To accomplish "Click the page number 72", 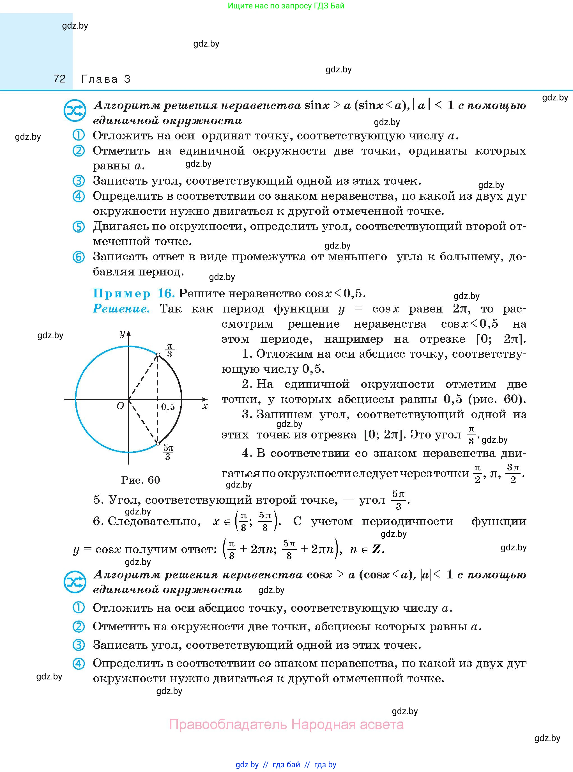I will tap(59, 79).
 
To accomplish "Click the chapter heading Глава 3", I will tap(106, 79).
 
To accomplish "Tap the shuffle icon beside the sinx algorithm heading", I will tap(75, 111).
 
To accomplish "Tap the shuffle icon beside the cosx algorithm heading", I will tap(75, 582).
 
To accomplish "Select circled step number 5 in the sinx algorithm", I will tap(78, 227).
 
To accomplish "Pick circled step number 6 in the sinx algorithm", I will tap(78, 257).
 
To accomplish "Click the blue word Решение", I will tap(121, 309).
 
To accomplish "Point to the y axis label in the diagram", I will tap(122, 334).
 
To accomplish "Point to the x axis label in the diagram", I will tap(205, 406).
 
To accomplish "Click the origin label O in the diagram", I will tap(120, 406).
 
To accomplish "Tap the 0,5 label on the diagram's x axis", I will tap(168, 407).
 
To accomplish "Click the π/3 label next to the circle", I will tap(170, 350).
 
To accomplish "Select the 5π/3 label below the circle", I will tap(168, 452).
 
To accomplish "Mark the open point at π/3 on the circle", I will tap(158, 355).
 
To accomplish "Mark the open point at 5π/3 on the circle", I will tap(158, 444).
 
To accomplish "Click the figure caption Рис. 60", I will tap(141, 480).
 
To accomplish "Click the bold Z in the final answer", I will tap(376, 550).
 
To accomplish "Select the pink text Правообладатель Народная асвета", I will tap(286, 725).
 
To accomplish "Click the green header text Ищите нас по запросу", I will tap(286, 6).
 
